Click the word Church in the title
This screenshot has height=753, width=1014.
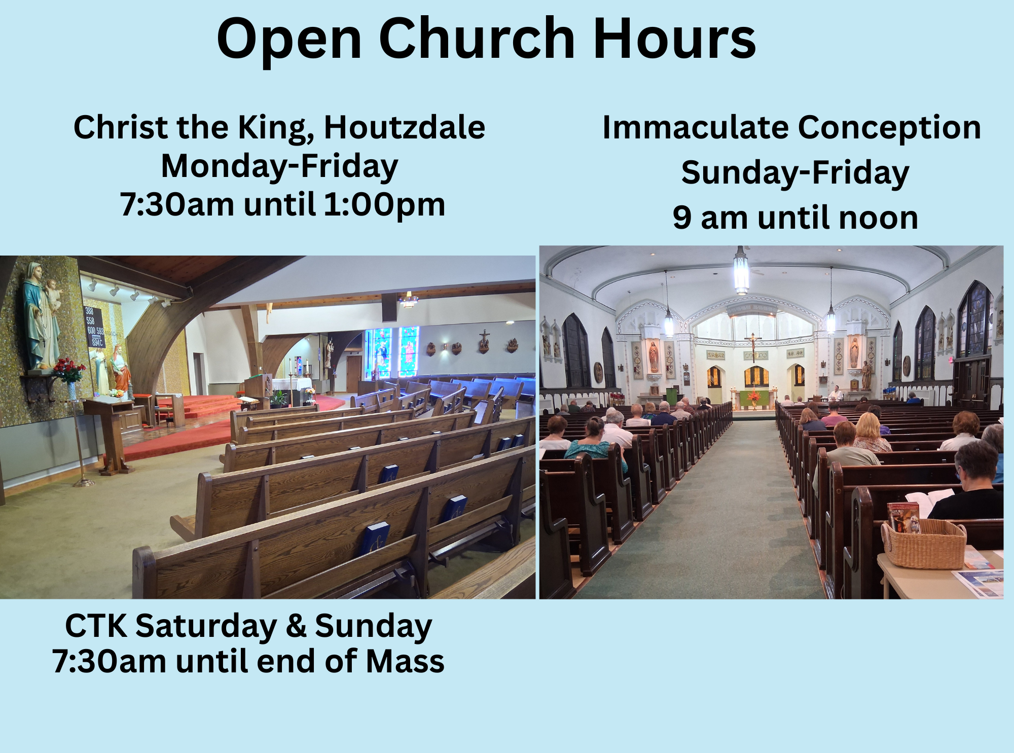[x=477, y=39]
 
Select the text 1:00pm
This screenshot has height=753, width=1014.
[x=384, y=204]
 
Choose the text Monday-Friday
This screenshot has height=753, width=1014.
[x=279, y=166]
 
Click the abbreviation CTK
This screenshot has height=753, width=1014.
[x=96, y=626]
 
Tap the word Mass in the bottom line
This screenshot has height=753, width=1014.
[x=405, y=661]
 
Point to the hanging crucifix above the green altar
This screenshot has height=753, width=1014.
[x=753, y=345]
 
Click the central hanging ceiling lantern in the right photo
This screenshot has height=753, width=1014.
[x=741, y=271]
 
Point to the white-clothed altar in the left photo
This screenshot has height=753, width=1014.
[x=292, y=385]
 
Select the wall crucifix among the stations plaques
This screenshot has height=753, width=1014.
[x=484, y=341]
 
